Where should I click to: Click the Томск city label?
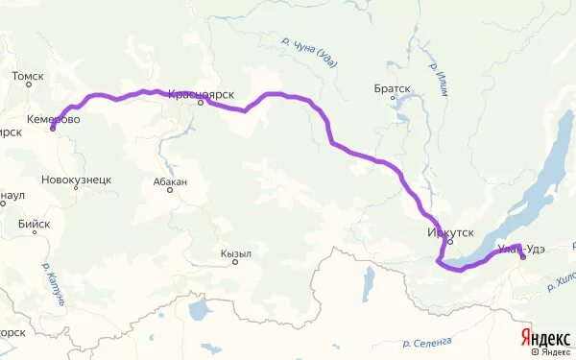[28, 74]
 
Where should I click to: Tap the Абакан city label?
[170, 180]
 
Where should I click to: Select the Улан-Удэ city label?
[523, 250]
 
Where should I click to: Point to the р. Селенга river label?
[427, 342]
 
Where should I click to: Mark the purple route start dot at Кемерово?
[52, 128]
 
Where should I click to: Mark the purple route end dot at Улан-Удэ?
[522, 257]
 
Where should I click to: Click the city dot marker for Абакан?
[170, 189]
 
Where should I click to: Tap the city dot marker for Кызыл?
[235, 262]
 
